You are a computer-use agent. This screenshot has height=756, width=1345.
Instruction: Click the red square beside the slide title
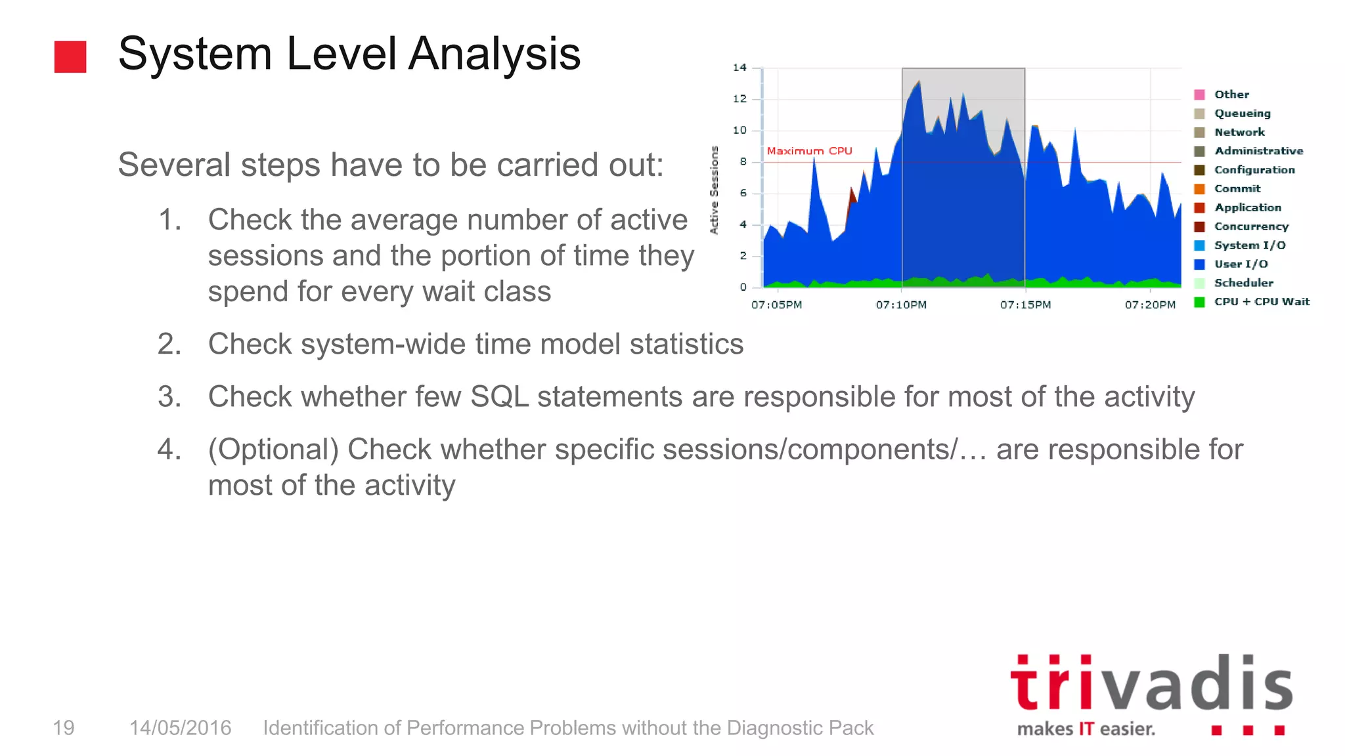point(70,56)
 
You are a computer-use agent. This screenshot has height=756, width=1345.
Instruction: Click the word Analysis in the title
point(494,54)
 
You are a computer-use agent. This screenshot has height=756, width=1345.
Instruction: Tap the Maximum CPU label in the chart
point(809,151)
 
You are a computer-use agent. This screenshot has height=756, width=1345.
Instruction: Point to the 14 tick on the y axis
point(739,68)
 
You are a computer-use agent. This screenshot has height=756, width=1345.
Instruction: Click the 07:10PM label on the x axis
point(901,305)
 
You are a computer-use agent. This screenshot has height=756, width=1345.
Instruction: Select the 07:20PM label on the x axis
point(1150,305)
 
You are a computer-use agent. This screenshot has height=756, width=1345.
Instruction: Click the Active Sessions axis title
point(715,190)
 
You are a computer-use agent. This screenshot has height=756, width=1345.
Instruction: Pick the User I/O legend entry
point(1241,264)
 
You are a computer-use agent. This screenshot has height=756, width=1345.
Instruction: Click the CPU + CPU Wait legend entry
point(1261,302)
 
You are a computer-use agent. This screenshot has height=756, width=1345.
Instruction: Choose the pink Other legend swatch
point(1199,94)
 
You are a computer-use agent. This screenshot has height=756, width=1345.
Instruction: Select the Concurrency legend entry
point(1251,226)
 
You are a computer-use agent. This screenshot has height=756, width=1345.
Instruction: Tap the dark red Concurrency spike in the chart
point(852,196)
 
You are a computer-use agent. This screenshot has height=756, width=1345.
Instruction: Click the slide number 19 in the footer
point(64,728)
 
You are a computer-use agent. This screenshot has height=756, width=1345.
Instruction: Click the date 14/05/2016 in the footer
point(180,728)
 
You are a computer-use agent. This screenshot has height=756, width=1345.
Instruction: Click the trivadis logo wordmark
point(1151,684)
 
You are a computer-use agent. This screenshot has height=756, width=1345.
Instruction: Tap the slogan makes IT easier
point(1086,729)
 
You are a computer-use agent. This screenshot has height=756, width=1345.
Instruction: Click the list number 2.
point(169,345)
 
